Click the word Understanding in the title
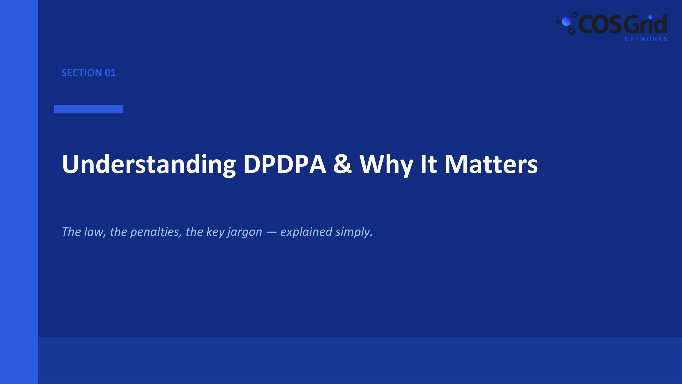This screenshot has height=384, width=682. pos(148,164)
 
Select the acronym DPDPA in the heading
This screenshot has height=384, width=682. pos(285,164)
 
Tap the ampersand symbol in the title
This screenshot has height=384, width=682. pos(342,164)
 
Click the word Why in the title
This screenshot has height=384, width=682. pos(386,164)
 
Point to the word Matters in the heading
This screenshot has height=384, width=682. pos(491,164)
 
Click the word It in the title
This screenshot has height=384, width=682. pos(428,164)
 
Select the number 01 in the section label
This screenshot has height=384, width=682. pos(110,73)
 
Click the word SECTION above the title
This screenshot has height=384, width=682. pos(82,73)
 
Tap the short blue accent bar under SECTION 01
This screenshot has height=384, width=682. pos(88,109)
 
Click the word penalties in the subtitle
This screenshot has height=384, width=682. pos(155,232)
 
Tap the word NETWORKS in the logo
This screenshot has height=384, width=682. pos(645,39)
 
